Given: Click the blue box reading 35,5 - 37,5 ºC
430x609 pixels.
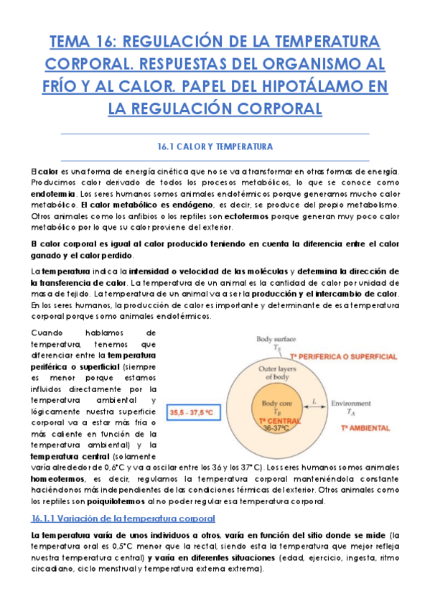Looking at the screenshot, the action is tap(194, 413).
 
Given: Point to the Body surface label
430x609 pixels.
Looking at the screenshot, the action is tap(275, 338).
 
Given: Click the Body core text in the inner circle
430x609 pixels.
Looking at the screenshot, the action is tap(276, 404).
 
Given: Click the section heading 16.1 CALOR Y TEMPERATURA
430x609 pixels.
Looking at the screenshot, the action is tap(215, 147).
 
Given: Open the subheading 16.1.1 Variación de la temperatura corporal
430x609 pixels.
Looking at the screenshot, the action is tap(123, 518).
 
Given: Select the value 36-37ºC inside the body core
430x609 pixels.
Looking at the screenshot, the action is tap(276, 428).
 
